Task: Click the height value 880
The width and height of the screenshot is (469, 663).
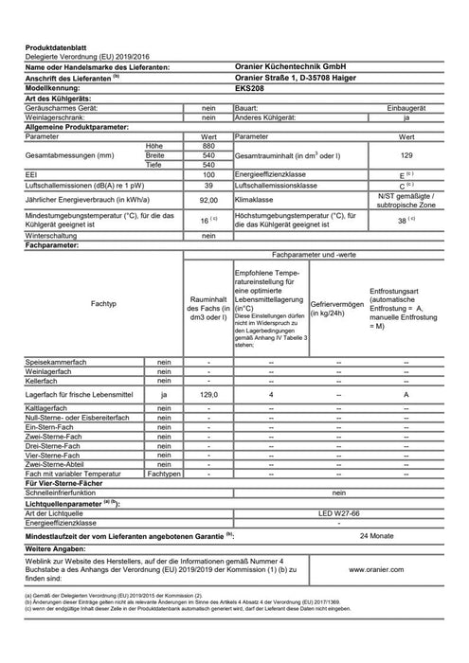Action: tap(194, 145)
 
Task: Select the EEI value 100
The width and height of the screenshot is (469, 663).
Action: tap(194, 175)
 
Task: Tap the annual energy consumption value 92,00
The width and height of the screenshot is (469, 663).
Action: tap(194, 200)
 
